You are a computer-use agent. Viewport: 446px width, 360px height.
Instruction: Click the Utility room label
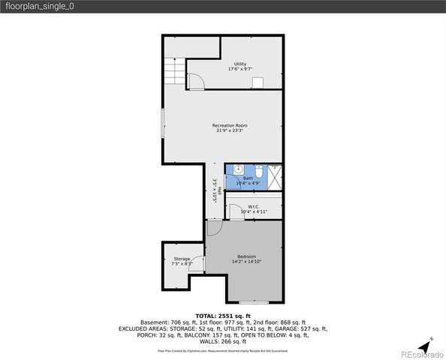click(240, 67)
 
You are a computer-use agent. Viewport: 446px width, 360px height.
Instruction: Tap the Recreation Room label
click(230, 127)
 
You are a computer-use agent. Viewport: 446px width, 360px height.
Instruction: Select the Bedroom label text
click(247, 259)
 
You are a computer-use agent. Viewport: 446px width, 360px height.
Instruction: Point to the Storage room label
click(182, 261)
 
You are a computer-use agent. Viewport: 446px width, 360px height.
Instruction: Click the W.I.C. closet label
click(254, 209)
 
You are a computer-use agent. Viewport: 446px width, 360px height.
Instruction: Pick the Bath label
click(248, 180)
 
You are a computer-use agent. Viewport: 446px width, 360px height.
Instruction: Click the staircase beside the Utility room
click(174, 73)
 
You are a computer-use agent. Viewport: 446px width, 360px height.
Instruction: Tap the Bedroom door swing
click(215, 229)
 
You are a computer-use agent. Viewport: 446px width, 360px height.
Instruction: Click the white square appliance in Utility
click(258, 83)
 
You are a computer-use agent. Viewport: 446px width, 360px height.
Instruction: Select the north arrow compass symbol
click(425, 346)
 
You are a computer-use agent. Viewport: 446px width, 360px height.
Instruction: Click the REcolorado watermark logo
click(422, 353)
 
